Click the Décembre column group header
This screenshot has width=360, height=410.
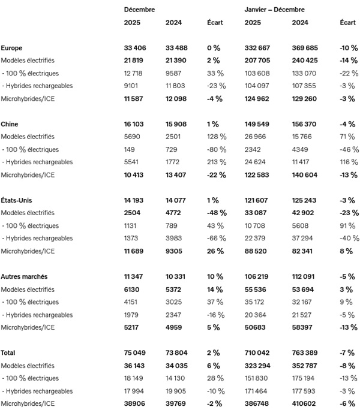click(x=139, y=10)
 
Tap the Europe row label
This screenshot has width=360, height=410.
click(x=13, y=48)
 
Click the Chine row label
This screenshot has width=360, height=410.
click(x=10, y=124)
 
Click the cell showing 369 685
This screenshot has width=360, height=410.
click(x=304, y=48)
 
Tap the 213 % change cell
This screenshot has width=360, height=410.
click(x=215, y=162)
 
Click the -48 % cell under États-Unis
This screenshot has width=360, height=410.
click(x=215, y=213)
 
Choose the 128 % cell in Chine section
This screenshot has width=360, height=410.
click(x=215, y=137)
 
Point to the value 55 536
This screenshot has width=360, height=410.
click(x=257, y=290)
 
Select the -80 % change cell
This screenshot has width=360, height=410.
click(x=215, y=149)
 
